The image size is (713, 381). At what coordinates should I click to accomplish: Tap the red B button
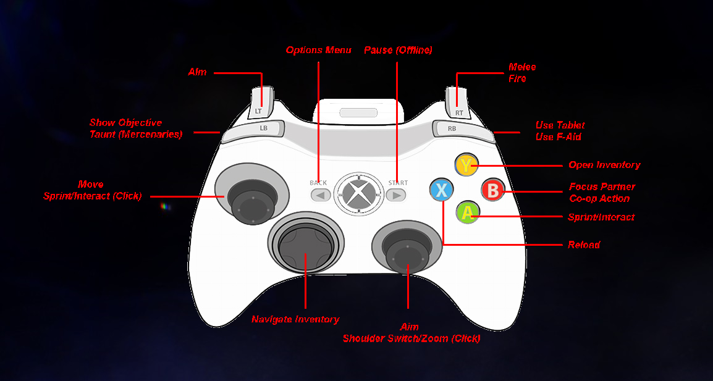click(x=492, y=190)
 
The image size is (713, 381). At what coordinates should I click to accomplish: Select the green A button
click(x=468, y=213)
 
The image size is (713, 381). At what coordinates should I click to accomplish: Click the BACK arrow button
click(x=320, y=195)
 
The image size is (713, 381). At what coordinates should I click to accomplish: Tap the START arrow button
click(x=396, y=195)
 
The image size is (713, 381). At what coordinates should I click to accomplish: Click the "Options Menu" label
click(x=318, y=50)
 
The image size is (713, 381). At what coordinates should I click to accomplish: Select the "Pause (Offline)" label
click(x=398, y=50)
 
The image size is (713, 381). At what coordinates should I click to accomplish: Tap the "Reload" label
click(x=584, y=245)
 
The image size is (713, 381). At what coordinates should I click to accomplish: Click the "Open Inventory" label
click(x=604, y=165)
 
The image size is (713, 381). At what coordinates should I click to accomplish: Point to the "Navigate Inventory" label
click(x=295, y=319)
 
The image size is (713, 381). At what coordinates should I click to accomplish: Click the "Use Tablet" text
click(x=560, y=125)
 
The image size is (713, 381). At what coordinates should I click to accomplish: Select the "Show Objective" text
click(x=125, y=123)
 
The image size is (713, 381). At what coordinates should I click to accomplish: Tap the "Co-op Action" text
click(x=599, y=199)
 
